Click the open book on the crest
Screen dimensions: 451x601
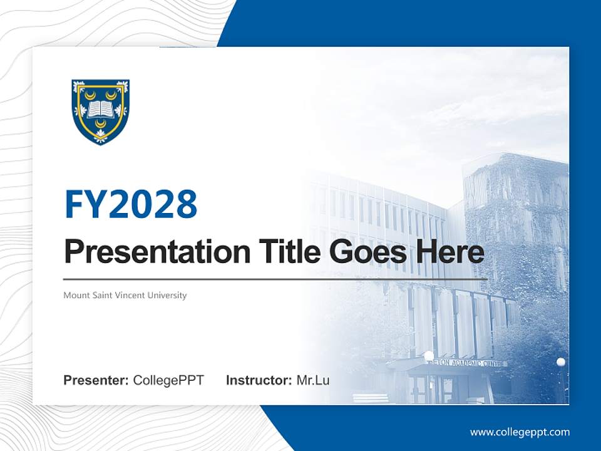click(x=100, y=110)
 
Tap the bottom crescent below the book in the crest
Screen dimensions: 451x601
click(x=100, y=124)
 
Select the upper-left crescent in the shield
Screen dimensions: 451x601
click(x=90, y=95)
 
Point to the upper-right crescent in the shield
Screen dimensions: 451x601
click(x=111, y=95)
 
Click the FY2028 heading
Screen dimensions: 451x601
click(x=131, y=204)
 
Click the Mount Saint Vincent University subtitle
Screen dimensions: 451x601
click(x=125, y=295)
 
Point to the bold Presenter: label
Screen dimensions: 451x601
click(x=96, y=380)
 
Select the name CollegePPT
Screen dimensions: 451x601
click(x=168, y=380)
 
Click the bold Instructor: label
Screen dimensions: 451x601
click(x=259, y=380)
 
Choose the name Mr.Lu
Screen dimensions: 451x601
click(x=313, y=380)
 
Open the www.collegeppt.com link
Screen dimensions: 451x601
click(x=520, y=432)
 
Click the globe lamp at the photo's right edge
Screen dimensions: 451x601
click(x=560, y=362)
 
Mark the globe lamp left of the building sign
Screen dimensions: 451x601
click(x=429, y=356)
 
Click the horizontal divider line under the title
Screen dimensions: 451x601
click(x=275, y=279)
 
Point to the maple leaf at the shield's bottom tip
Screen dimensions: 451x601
click(x=100, y=136)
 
